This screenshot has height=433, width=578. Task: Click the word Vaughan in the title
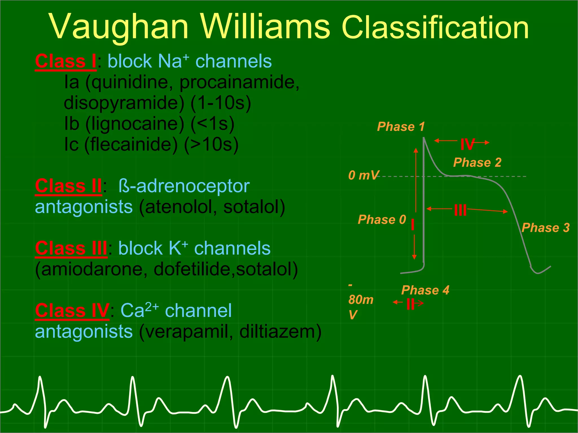[119, 27]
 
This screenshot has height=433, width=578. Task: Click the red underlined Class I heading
[65, 61]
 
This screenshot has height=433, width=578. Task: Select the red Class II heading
[68, 186]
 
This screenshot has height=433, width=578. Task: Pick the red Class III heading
[71, 249]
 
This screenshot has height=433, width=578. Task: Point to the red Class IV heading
[72, 311]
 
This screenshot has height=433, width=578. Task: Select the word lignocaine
[135, 124]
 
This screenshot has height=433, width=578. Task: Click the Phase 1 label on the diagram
[401, 127]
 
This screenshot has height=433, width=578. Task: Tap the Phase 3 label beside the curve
[545, 228]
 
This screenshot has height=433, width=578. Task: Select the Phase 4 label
[425, 290]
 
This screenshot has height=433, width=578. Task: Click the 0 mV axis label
[363, 175]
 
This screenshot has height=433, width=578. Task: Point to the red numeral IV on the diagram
[467, 145]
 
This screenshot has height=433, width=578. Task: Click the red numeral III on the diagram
[460, 210]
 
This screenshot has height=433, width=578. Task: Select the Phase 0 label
[382, 220]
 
